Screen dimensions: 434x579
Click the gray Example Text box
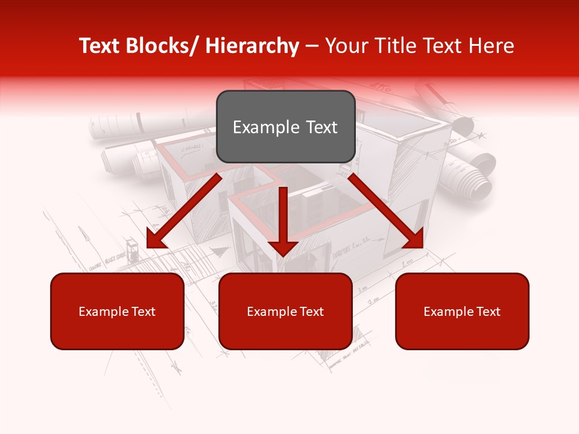click(x=285, y=127)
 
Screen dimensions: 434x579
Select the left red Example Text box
click(x=117, y=311)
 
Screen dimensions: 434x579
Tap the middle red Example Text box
click(x=285, y=311)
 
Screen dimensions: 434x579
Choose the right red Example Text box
click(x=462, y=311)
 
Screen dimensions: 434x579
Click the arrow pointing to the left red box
click(x=183, y=212)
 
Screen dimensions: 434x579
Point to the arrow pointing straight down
click(x=282, y=221)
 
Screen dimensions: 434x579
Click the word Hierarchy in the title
click(x=252, y=46)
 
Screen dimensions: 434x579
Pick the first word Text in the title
click(x=100, y=46)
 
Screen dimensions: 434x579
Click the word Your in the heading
click(x=345, y=46)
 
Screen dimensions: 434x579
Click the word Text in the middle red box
click(x=311, y=311)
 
